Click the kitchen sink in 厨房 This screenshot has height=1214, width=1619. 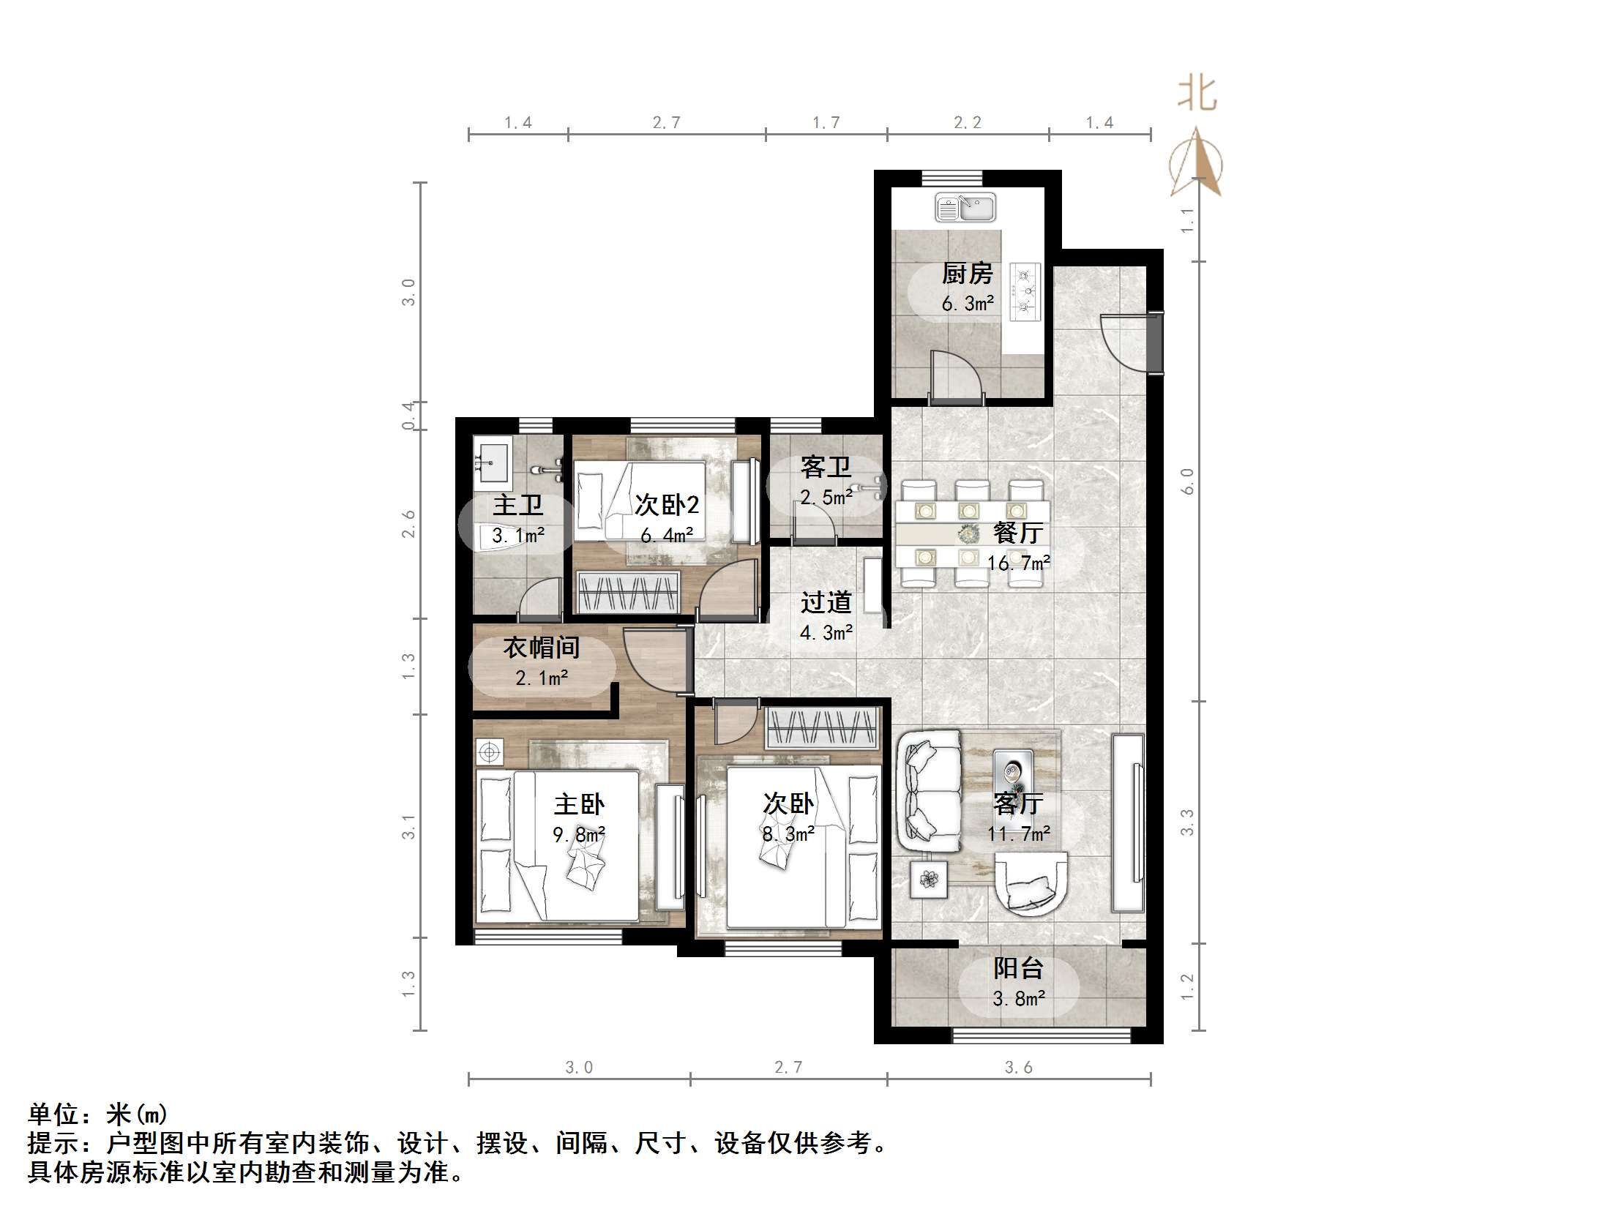(965, 209)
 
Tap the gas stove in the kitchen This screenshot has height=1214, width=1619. (1025, 292)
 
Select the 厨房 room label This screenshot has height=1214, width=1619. (967, 274)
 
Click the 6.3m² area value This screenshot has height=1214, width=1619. (967, 304)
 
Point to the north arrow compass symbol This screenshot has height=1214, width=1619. (1195, 162)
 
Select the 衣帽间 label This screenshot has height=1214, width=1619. (541, 648)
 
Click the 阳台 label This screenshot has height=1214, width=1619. (1017, 968)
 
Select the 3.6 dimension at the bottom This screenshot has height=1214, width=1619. (1017, 1068)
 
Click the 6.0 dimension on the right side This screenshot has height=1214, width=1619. (1187, 481)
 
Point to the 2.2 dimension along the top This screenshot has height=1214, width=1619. (967, 123)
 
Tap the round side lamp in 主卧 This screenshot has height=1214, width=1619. (490, 752)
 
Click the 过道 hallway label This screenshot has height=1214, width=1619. (826, 602)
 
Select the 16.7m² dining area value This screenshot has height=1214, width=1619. (1018, 563)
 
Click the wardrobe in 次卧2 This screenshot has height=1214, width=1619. (629, 592)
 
